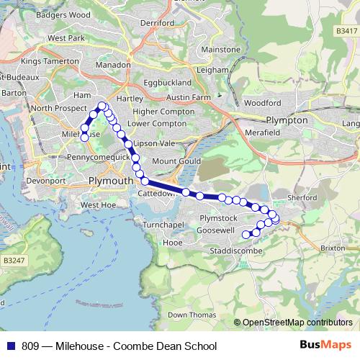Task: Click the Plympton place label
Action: tap(287, 120)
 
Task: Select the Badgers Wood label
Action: tap(65, 14)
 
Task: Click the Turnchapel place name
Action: tap(164, 225)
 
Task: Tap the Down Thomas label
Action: tap(191, 315)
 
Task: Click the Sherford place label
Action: tap(302, 197)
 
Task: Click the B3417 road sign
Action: tap(346, 31)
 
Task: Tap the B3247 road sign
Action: tap(14, 259)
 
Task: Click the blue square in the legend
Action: tap(12, 346)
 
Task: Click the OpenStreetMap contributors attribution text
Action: tap(297, 323)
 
